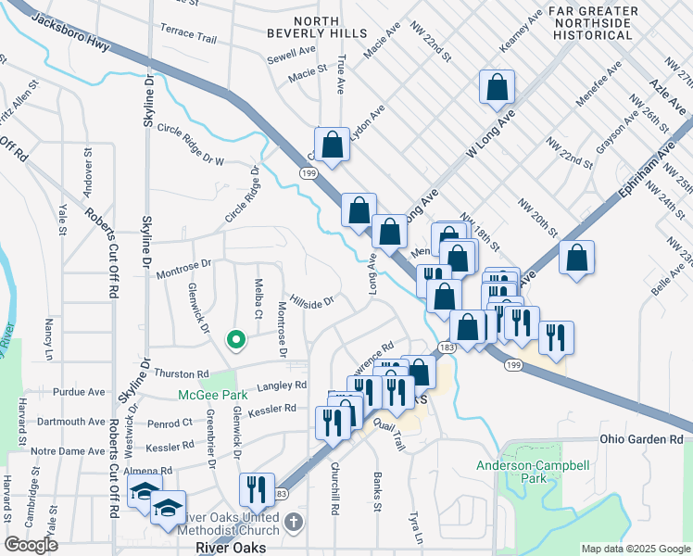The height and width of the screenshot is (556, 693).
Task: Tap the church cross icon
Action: click(x=294, y=523)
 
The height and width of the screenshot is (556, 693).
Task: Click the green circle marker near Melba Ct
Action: click(x=236, y=339)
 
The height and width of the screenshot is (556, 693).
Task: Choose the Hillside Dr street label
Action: click(x=310, y=301)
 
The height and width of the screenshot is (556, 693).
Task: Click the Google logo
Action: click(x=31, y=545)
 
